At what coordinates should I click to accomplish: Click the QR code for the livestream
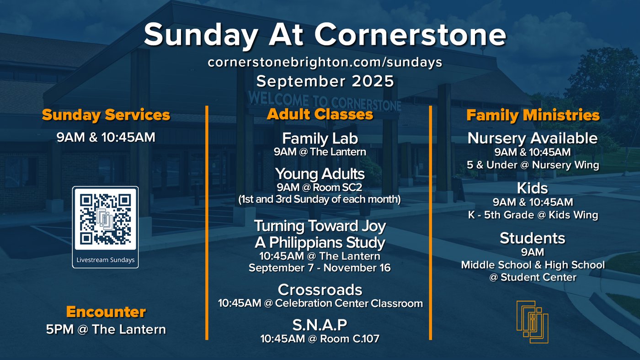click(x=105, y=219)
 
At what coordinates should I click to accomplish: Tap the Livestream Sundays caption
click(x=106, y=260)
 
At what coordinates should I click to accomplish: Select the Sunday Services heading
click(x=106, y=115)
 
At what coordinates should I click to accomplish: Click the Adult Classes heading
click(x=320, y=114)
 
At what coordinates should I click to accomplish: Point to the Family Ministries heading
click(x=533, y=115)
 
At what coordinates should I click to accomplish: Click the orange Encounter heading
click(x=106, y=312)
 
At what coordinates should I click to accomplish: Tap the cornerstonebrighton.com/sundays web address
click(x=325, y=62)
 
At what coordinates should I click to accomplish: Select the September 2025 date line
click(x=325, y=81)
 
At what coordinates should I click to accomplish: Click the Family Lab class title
click(x=320, y=138)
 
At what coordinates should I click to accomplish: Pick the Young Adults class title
click(x=320, y=174)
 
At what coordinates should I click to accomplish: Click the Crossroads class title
click(x=320, y=290)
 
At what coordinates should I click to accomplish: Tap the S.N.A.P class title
click(x=320, y=325)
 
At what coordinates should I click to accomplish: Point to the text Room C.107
click(x=350, y=339)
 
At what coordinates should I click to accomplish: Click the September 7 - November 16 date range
click(x=320, y=268)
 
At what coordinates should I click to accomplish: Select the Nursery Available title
click(x=533, y=138)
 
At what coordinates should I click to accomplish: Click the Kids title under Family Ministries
click(x=533, y=188)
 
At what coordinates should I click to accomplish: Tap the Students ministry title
click(x=533, y=238)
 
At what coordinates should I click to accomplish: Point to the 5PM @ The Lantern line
click(x=106, y=329)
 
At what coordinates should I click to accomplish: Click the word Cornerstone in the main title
click(x=411, y=35)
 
